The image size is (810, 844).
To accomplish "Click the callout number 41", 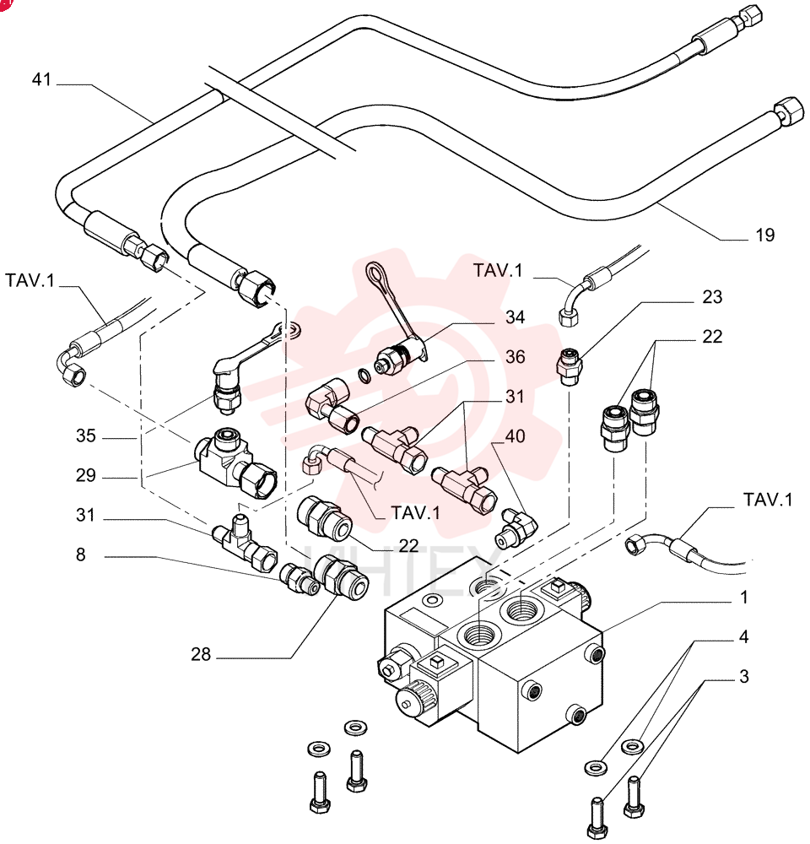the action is click(41, 79).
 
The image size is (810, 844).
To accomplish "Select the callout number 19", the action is click(764, 235).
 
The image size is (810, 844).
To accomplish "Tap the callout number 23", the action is click(712, 297).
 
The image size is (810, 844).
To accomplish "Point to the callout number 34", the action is click(515, 317).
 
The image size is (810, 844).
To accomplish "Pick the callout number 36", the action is click(515, 357).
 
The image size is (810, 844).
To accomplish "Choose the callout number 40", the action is click(515, 436).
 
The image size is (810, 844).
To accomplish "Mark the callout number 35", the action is click(85, 436).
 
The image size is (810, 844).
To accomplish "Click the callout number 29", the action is click(85, 475).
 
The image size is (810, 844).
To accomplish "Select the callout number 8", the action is click(81, 555).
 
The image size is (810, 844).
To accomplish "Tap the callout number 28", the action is click(201, 654).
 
